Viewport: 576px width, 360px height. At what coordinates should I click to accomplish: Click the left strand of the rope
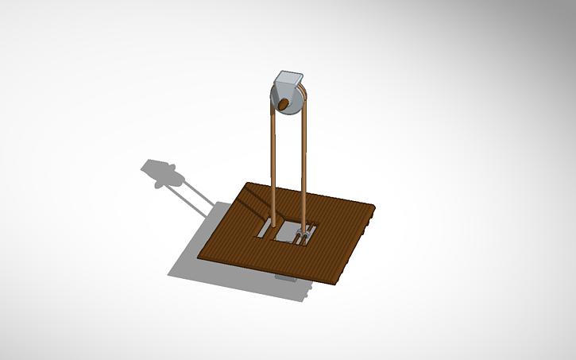pos(273,159)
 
